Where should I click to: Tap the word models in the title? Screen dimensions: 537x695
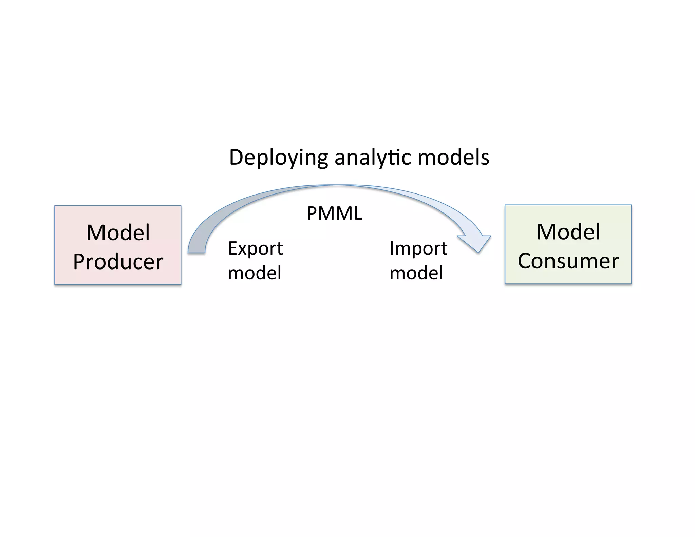pyautogui.click(x=453, y=158)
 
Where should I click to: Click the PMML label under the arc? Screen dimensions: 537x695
pyautogui.click(x=334, y=214)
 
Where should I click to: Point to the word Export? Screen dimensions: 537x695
pyautogui.click(x=255, y=248)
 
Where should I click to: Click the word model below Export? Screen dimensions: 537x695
pyautogui.click(x=255, y=273)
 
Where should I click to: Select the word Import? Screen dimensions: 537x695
pyautogui.click(x=418, y=248)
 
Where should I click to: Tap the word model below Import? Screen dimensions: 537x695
pyautogui.click(x=416, y=273)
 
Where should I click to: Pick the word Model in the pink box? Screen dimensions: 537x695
pyautogui.click(x=118, y=233)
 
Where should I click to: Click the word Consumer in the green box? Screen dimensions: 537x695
pyautogui.click(x=568, y=261)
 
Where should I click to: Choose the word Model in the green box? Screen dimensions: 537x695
pyautogui.click(x=568, y=232)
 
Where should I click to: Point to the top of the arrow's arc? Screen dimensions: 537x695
pyautogui.click(x=336, y=186)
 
